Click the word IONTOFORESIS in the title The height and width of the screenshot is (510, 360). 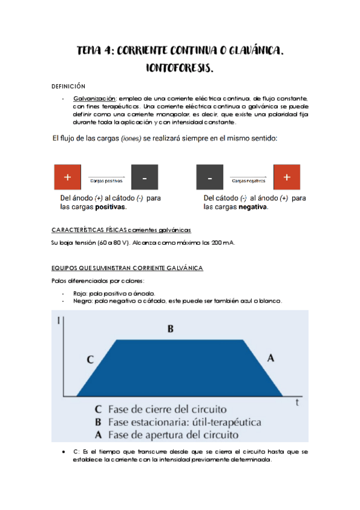(x=180, y=68)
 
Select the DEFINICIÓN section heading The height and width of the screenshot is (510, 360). (x=69, y=86)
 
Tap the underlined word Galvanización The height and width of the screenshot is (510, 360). (x=95, y=98)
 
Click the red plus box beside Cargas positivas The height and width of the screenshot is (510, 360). (x=67, y=177)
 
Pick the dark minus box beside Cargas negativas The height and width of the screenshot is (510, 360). (x=210, y=177)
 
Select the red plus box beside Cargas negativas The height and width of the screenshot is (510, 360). (x=287, y=177)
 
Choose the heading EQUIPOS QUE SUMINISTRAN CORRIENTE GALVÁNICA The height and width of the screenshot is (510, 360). (x=127, y=267)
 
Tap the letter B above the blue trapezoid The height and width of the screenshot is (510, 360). (x=171, y=328)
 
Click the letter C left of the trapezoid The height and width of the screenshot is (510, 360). (x=90, y=360)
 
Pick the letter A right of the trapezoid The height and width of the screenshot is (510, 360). (x=270, y=358)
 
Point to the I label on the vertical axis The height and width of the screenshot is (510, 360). (x=58, y=320)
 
